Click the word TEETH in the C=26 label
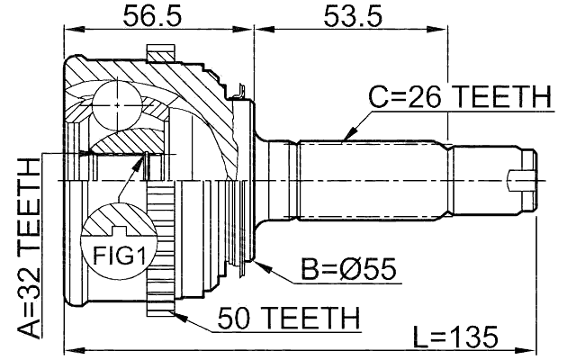pos(503,97)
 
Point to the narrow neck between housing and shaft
pos(265,180)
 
